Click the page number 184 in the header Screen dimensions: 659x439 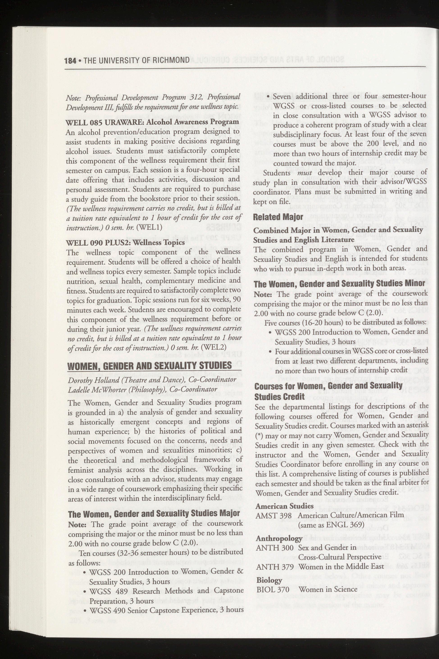tap(70, 61)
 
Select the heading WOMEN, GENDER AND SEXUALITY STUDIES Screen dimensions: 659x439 tap(150, 366)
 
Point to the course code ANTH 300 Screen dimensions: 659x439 tap(274, 547)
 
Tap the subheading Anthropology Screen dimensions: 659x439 tap(279, 538)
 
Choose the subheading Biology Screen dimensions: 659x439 tap(269, 580)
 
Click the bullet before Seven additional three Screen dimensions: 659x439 tap(268, 97)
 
